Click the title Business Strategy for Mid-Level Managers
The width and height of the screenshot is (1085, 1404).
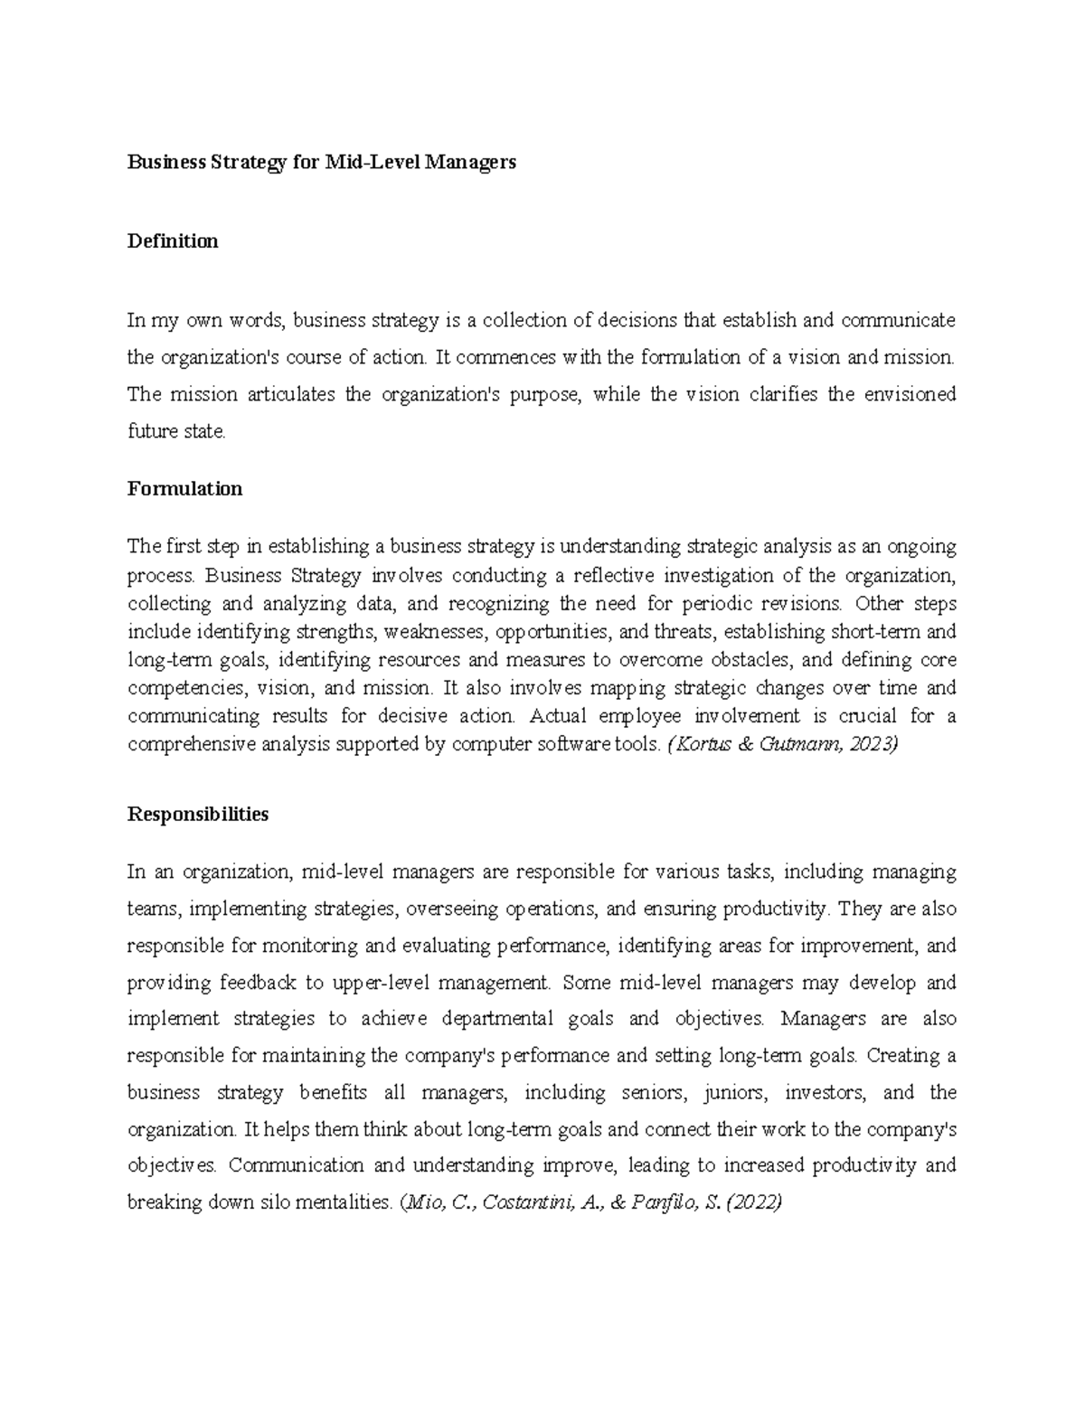click(x=321, y=163)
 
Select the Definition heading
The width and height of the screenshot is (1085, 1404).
click(x=173, y=241)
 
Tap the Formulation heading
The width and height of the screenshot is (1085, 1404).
click(x=184, y=489)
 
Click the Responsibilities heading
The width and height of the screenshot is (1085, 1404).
click(x=198, y=815)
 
